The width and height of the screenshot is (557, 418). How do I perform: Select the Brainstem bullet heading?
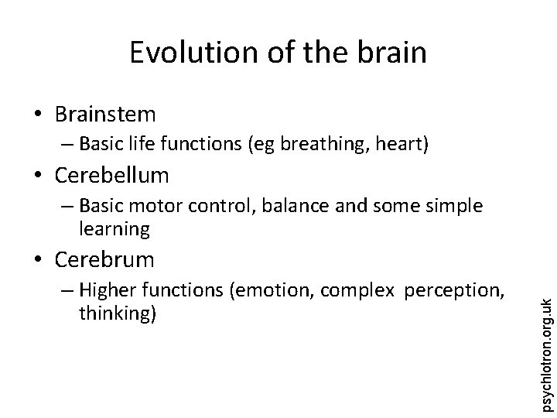105,115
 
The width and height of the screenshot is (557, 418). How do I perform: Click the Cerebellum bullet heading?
111,176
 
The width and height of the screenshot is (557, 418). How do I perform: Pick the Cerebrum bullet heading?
104,258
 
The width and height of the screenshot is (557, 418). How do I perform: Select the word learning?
113,228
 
